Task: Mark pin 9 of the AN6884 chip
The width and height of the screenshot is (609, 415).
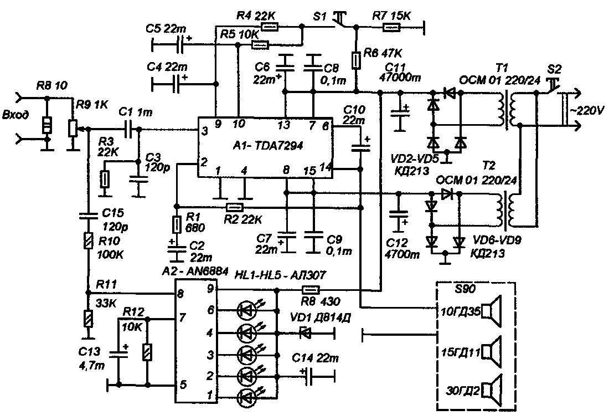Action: (x=210, y=289)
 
